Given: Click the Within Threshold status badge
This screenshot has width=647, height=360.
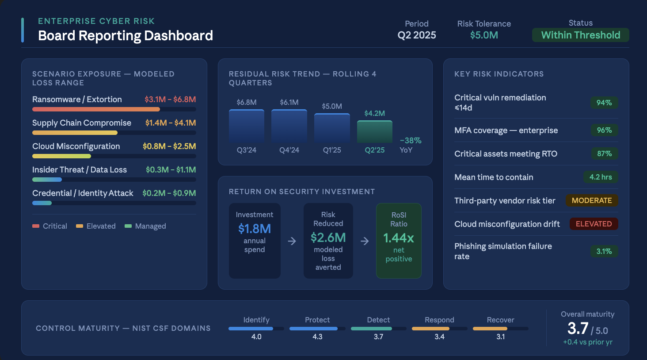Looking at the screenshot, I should click(x=580, y=35).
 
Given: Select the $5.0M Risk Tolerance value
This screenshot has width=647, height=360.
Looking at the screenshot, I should click(x=484, y=35).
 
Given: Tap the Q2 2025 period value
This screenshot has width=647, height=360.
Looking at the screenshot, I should click(x=416, y=35).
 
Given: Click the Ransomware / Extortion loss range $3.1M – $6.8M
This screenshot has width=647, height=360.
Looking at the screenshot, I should click(x=170, y=100).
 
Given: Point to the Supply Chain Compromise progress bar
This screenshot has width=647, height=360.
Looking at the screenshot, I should click(x=114, y=133).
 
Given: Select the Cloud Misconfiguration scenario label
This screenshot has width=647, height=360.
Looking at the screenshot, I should click(x=76, y=146).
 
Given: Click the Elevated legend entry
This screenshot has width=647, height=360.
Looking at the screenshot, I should click(x=96, y=226).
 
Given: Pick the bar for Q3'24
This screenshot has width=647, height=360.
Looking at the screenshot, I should click(x=247, y=126).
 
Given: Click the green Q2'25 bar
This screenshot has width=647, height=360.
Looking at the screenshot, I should click(x=374, y=132).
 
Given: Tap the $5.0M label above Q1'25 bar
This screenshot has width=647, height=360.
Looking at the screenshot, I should click(x=332, y=106).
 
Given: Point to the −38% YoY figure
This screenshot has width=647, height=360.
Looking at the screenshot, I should click(x=411, y=141).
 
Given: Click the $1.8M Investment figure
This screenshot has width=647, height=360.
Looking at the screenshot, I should click(x=255, y=229).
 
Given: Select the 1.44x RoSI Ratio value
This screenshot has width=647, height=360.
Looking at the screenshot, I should click(x=399, y=238).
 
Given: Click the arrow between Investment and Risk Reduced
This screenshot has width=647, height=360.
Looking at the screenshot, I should click(x=292, y=241).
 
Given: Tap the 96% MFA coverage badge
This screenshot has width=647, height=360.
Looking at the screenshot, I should click(x=604, y=130).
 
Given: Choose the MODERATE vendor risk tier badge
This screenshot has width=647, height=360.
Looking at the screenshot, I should click(x=592, y=200).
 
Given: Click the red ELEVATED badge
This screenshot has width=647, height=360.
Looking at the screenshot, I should click(x=594, y=224).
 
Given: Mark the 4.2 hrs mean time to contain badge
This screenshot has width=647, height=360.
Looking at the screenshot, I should click(x=601, y=177).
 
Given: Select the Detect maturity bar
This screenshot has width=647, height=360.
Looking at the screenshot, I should click(x=378, y=329).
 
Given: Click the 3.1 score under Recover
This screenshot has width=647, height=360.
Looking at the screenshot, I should click(x=500, y=337).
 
